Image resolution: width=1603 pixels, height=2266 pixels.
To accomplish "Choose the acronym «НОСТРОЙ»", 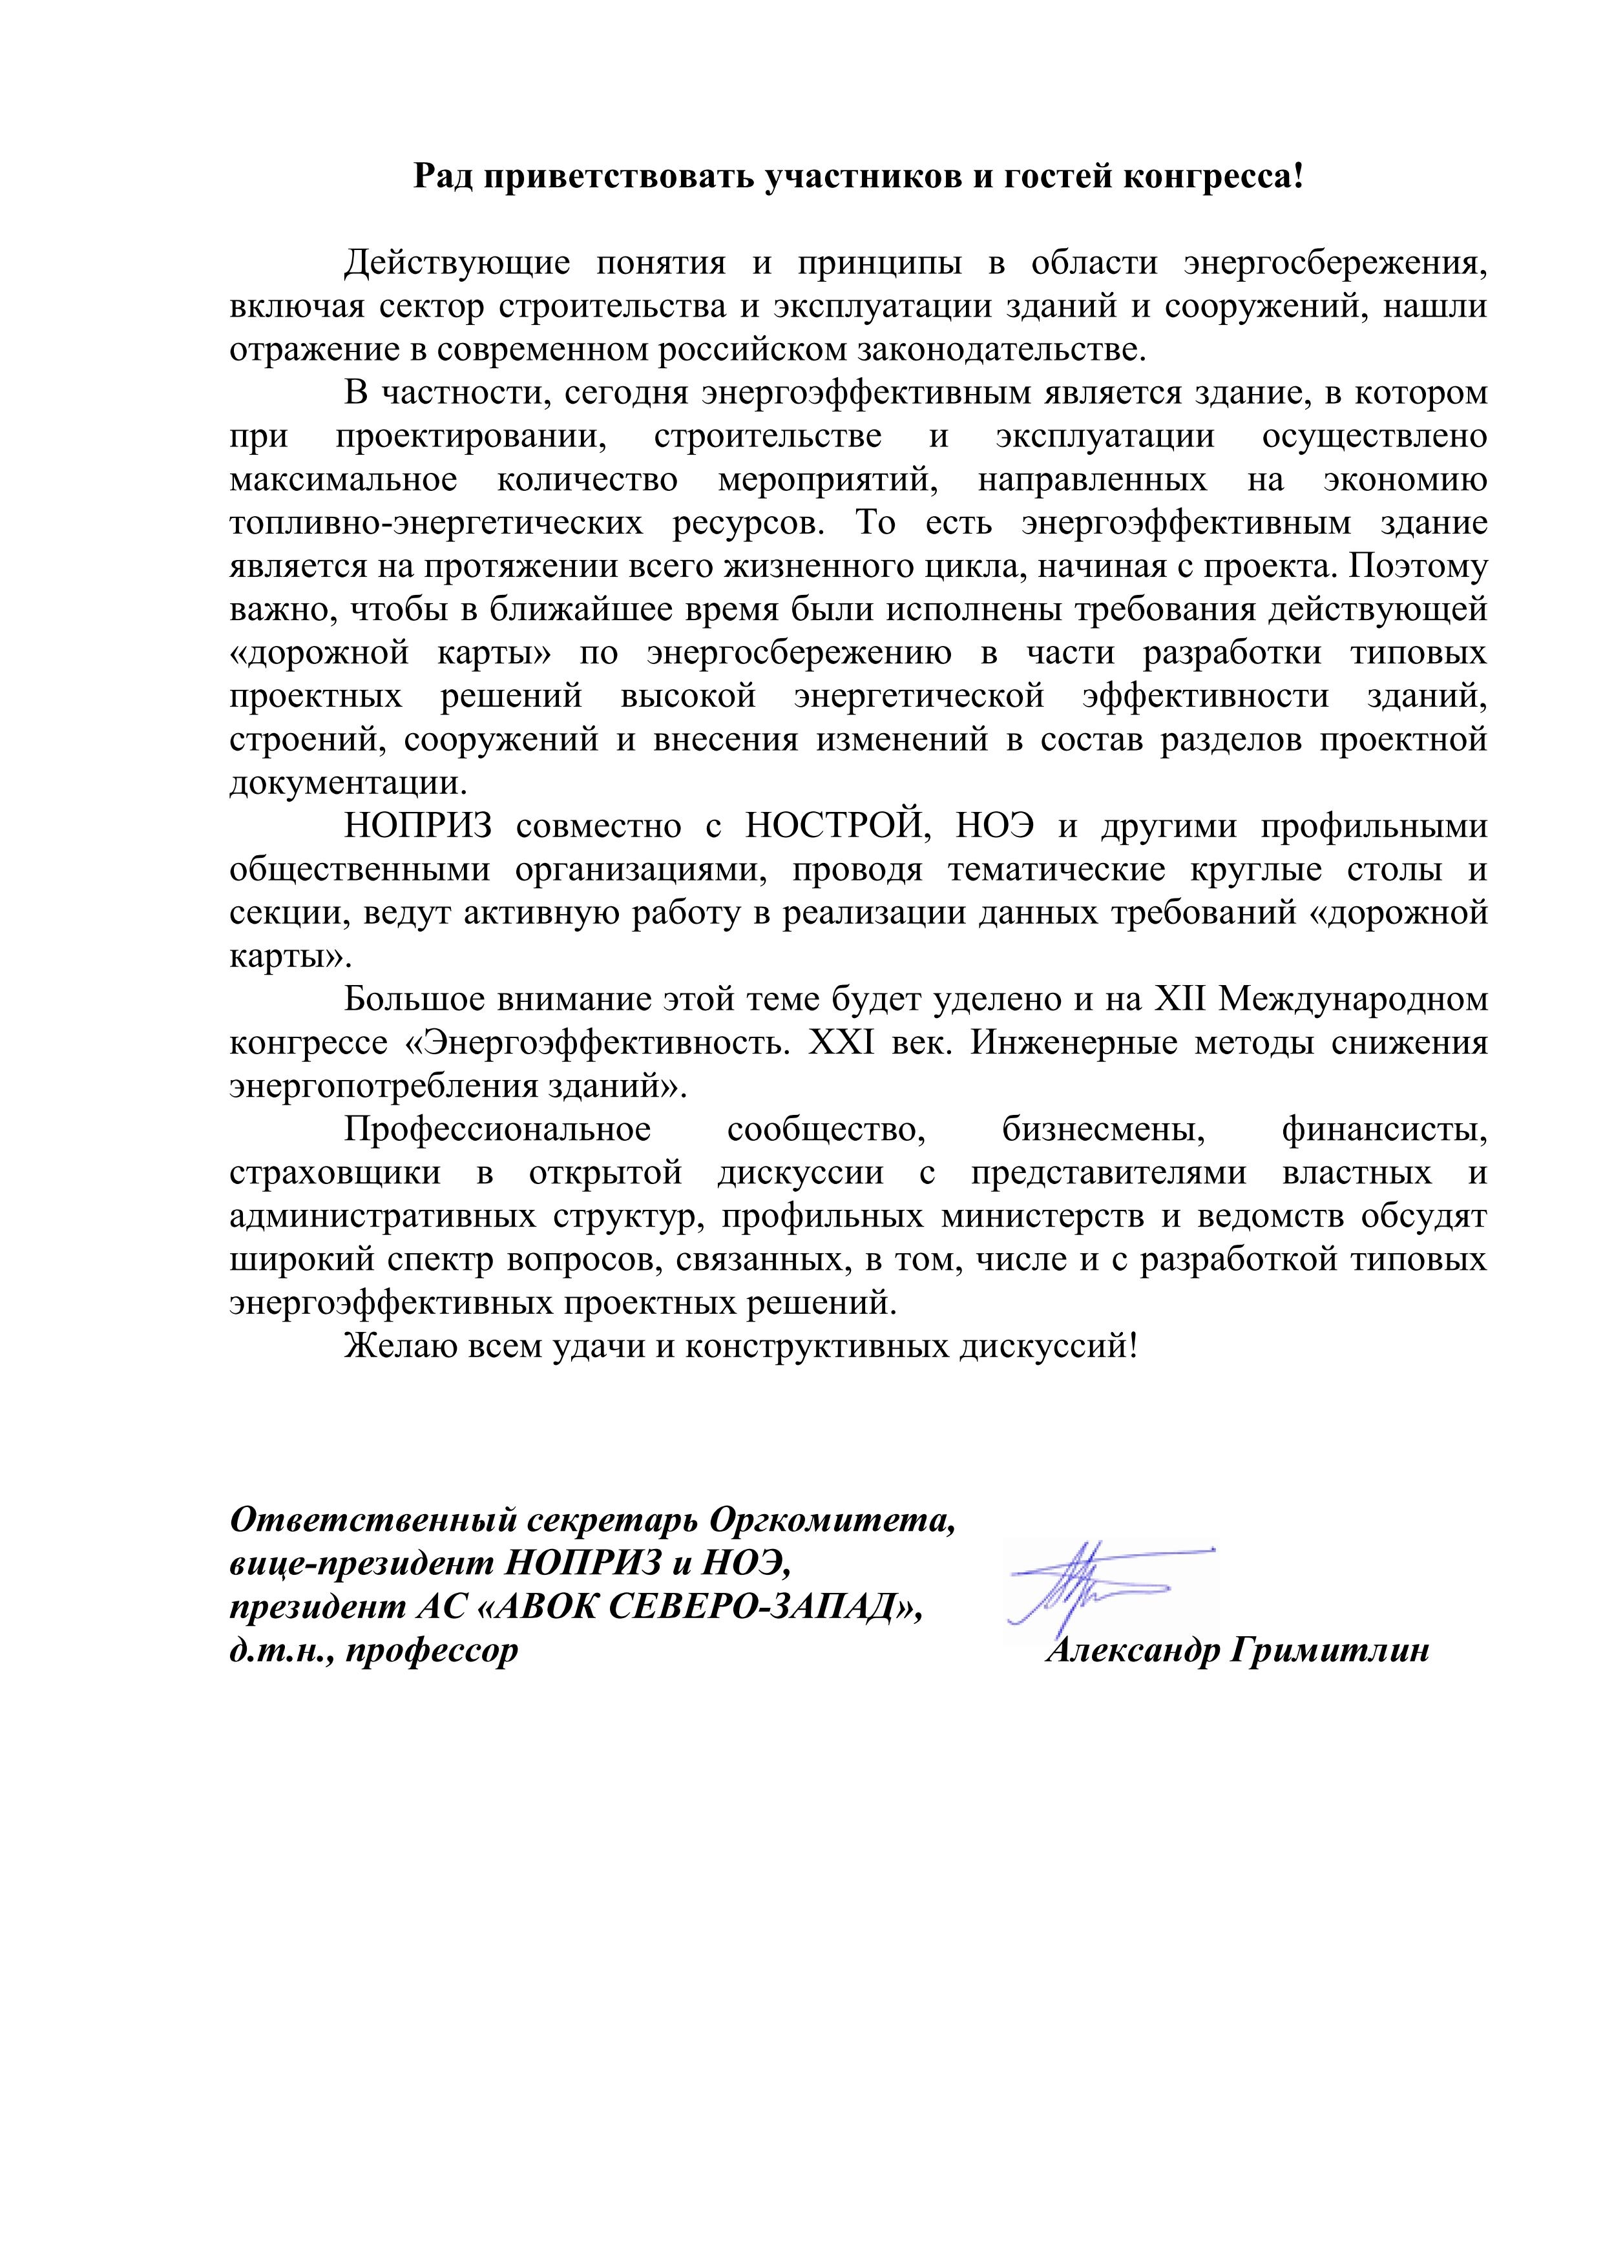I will pyautogui.click(x=837, y=826).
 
